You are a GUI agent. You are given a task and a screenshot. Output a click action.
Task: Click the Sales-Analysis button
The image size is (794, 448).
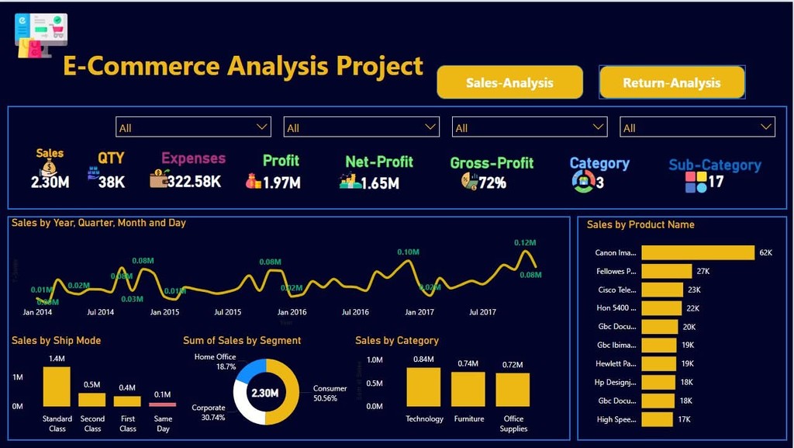coord(509,82)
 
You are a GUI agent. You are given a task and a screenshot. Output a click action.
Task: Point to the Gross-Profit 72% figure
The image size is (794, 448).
coord(492,182)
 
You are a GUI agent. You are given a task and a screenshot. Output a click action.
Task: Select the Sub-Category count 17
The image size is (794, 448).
coord(716,182)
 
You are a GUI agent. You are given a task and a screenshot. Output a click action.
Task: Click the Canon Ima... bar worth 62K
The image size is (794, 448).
coord(698,252)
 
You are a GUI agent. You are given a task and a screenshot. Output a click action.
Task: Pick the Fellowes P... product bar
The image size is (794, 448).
coord(667,271)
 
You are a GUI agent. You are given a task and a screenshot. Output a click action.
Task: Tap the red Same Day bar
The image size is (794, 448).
coord(163,405)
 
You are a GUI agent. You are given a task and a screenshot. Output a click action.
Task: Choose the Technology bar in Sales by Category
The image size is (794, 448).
coord(423,387)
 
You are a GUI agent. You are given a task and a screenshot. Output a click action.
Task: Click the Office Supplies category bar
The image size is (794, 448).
coord(513,390)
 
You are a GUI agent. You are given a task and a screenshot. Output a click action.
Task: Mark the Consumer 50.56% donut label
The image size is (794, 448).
coord(330,393)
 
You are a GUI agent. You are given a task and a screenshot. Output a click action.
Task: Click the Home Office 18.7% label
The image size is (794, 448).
coord(215,361)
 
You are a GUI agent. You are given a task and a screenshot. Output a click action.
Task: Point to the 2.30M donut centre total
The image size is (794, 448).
coord(265,393)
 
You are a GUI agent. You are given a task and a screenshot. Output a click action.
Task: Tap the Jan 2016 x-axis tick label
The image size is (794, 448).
coord(292,312)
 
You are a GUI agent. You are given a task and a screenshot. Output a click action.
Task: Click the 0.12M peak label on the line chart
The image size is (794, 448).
coord(525,242)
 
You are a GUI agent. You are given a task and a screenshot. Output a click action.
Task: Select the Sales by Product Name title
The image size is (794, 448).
coord(640,224)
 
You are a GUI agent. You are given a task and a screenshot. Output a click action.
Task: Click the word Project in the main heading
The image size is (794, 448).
coord(379,66)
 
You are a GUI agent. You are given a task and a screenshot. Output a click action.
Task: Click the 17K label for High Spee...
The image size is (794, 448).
coord(683,419)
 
